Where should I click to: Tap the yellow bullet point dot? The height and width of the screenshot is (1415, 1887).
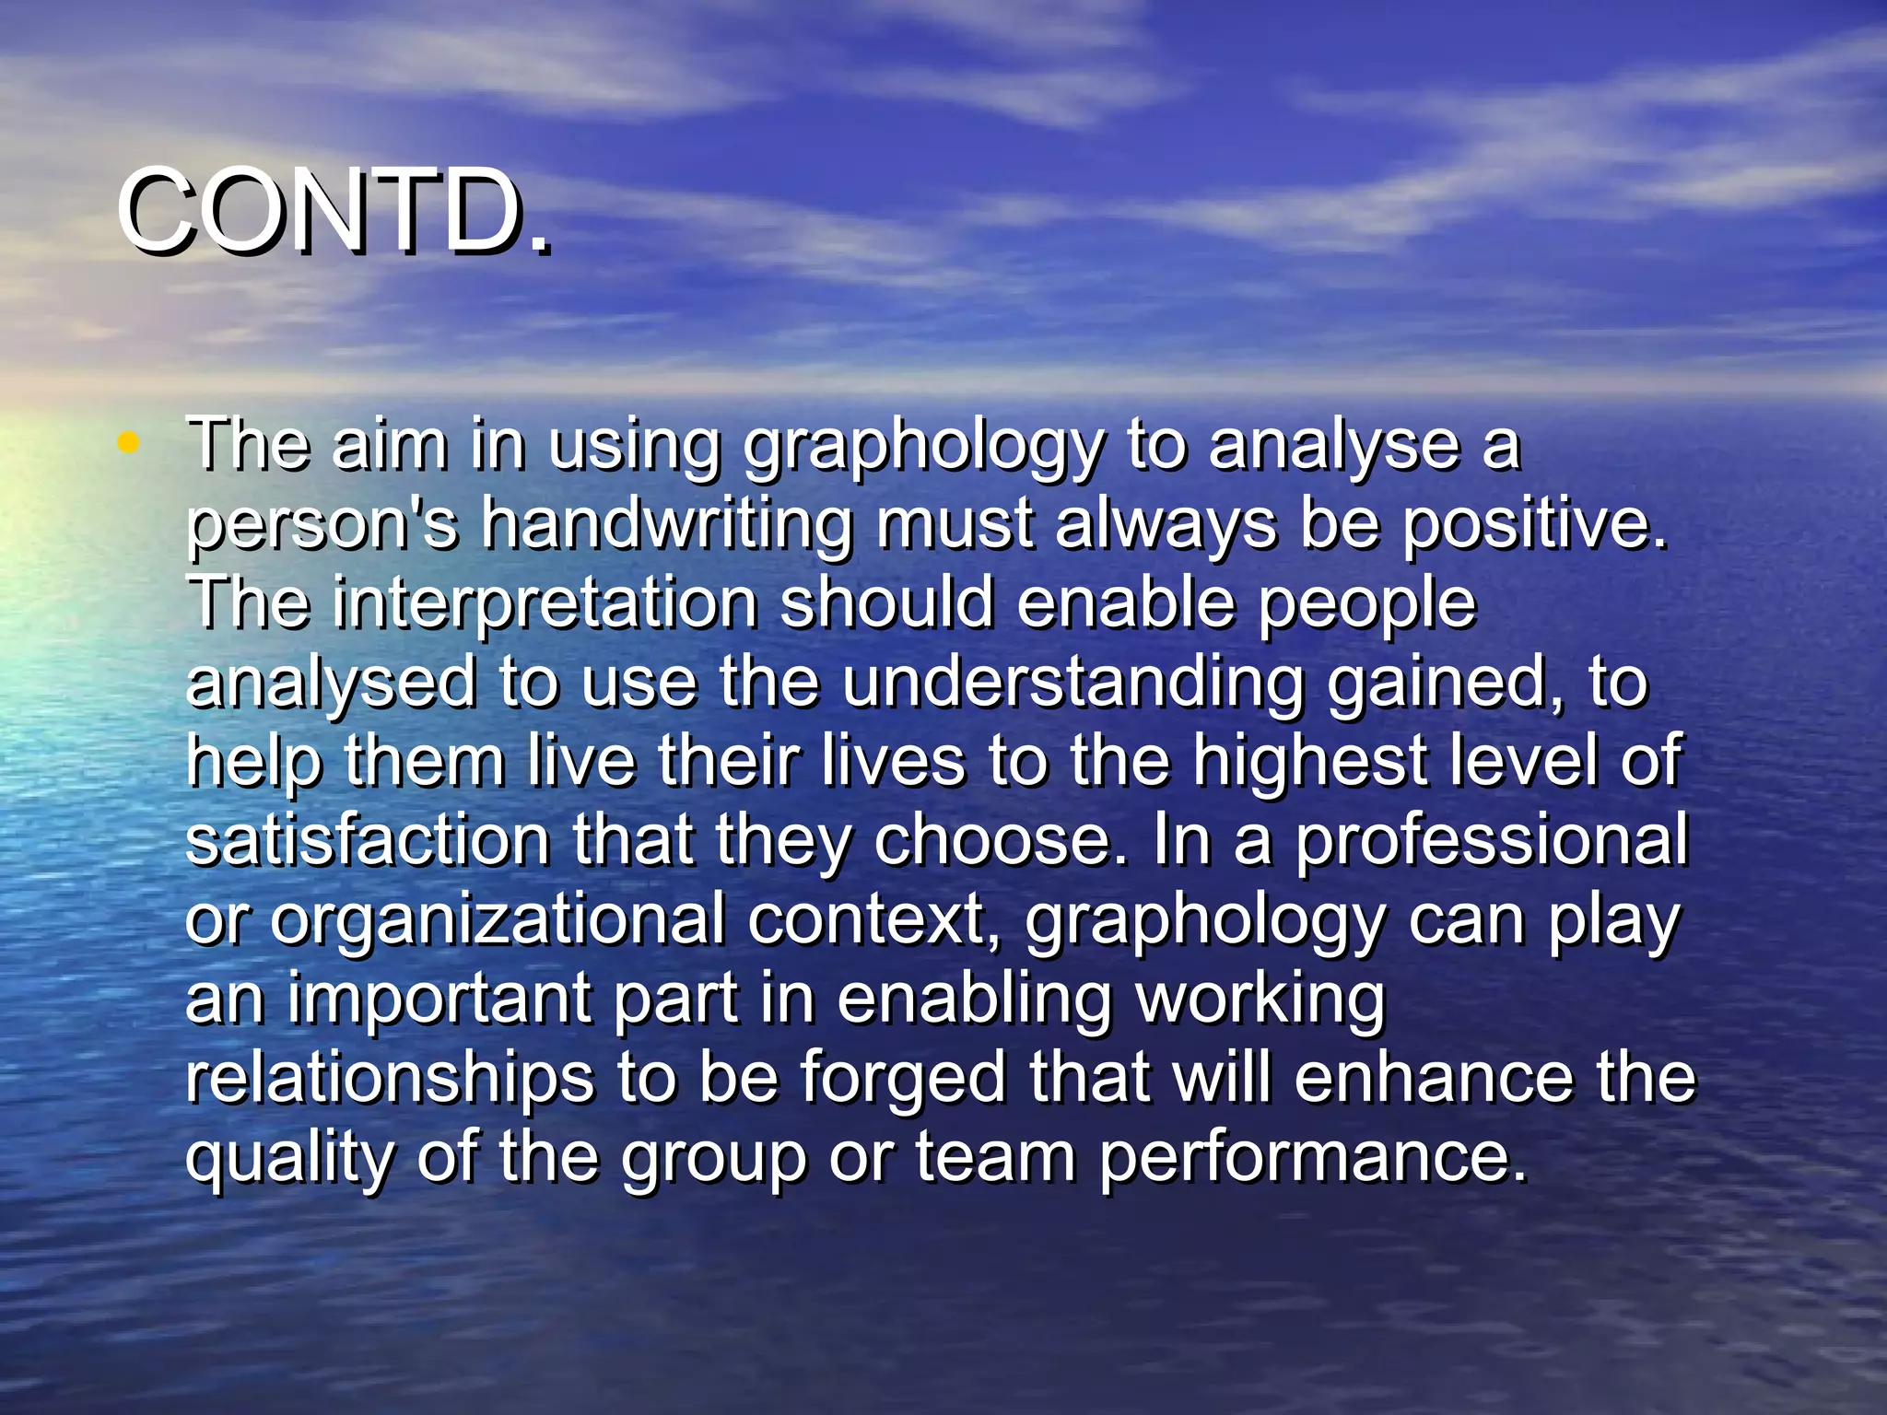coord(129,443)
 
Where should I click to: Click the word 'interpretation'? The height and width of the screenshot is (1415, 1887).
coord(545,603)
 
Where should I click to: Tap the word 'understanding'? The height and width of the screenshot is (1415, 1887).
coord(1072,684)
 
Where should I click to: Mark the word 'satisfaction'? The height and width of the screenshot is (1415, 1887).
coord(368,840)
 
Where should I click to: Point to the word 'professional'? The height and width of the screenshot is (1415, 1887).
coord(1493,840)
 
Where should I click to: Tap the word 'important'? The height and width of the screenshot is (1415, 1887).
coord(439,999)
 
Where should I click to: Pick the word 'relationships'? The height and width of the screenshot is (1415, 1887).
coord(390,1078)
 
